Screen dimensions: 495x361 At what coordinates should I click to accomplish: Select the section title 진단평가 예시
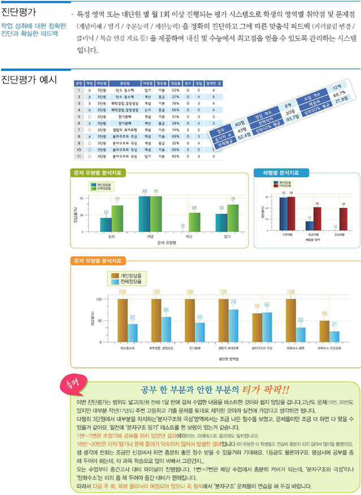pos(29,79)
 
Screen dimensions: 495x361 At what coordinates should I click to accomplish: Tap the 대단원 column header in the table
pos(102,82)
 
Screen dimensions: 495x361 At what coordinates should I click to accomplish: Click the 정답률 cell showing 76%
pos(176,104)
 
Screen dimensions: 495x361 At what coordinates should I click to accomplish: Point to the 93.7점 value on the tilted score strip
pos(292,118)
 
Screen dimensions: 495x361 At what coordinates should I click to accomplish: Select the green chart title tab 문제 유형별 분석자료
pos(97,172)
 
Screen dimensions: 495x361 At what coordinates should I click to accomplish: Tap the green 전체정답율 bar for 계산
pos(194,222)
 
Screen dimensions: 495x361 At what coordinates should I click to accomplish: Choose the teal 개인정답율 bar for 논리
pos(106,224)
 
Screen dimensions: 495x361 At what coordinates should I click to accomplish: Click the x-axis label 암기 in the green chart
pos(227,239)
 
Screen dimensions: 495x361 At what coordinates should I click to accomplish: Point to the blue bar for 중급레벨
pos(309,226)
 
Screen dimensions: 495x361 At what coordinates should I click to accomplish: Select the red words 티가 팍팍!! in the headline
pos(266,389)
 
